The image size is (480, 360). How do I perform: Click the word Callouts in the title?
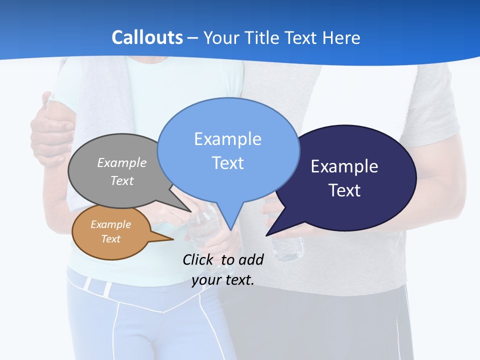[147, 37]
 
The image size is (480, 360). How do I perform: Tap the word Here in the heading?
[341, 37]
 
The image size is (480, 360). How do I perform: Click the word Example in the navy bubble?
[344, 166]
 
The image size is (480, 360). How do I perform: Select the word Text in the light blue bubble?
[228, 163]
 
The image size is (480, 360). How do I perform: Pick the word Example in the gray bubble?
[122, 162]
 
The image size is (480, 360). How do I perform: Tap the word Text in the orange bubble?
[111, 239]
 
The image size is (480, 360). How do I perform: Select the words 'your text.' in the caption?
[223, 280]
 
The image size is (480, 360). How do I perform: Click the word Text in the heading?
[301, 37]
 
